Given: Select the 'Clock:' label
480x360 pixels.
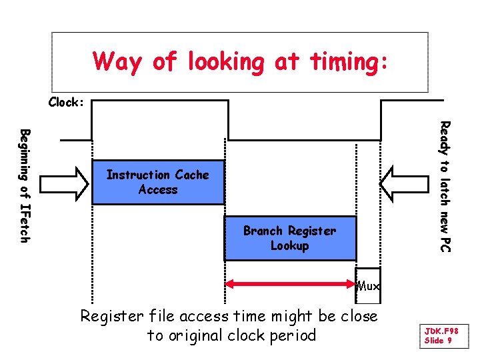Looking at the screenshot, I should pos(67,103).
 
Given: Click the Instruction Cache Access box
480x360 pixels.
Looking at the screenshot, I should pos(158,182).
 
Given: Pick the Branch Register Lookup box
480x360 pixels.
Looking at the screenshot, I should pos(290,238).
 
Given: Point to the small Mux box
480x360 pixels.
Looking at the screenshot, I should pos(368,286).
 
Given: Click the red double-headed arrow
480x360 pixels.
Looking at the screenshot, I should pos(290,285).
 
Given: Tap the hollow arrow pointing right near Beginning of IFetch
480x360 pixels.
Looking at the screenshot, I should pos(65,182).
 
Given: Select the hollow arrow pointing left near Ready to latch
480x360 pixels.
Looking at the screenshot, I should pos(408,182).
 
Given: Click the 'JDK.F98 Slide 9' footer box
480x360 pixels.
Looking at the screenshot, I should pos(441,335).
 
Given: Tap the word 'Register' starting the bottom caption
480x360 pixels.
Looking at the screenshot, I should pos(109,317).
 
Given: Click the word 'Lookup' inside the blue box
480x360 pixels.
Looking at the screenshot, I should pos(290,246).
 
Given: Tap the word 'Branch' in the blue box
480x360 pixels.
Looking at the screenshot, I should pos(263,231).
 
